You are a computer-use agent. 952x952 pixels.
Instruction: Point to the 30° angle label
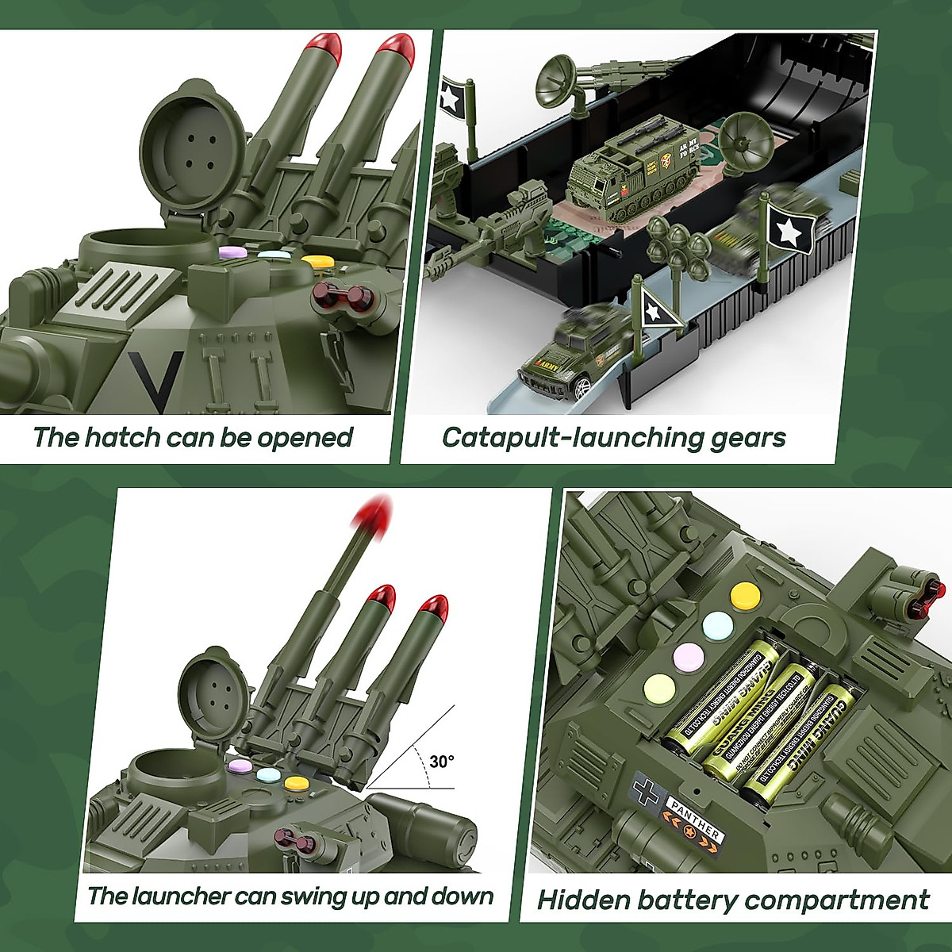coord(442,762)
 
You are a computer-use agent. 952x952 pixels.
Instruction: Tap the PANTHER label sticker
coord(695,821)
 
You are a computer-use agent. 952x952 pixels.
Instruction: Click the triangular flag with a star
coord(658,308)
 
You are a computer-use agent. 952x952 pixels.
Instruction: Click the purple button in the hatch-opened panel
coord(232,251)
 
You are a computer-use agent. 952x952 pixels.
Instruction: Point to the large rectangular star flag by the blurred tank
coord(789,229)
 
